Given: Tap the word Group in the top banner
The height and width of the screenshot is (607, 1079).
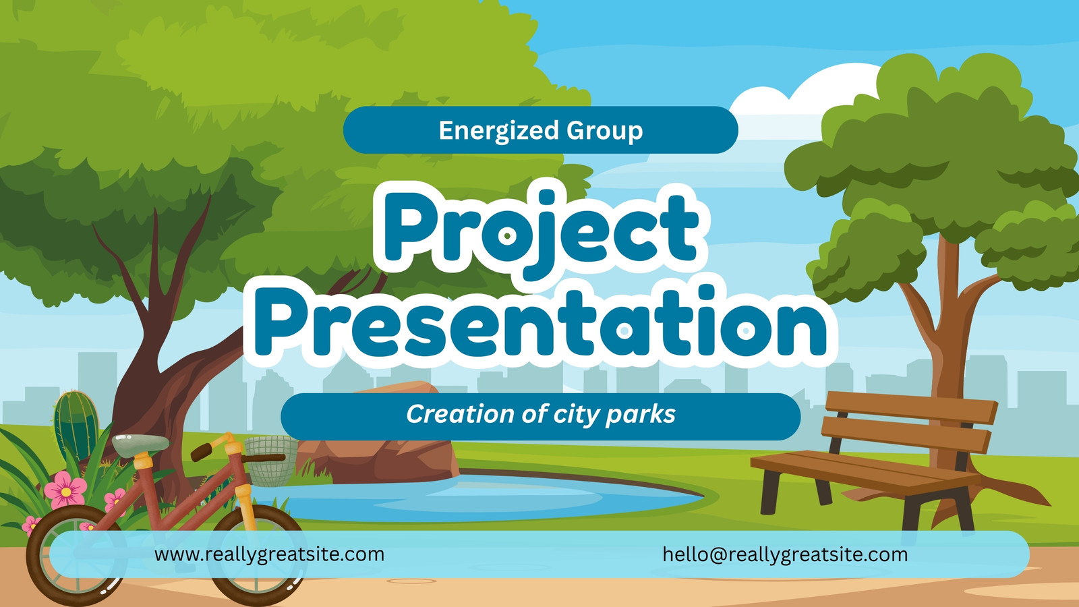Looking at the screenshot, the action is pos(604,131).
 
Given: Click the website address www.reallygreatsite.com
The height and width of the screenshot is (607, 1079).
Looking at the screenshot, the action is pos(269,554).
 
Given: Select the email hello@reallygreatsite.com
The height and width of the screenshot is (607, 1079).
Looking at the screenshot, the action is pos(785,554).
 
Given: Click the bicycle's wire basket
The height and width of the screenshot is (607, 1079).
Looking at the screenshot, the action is pos(270,460).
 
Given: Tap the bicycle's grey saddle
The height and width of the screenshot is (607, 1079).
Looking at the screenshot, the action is pos(140,444).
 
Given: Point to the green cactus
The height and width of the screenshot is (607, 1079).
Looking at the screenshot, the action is pos(76,425).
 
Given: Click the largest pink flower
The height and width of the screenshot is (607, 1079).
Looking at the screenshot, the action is pos(65,490).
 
